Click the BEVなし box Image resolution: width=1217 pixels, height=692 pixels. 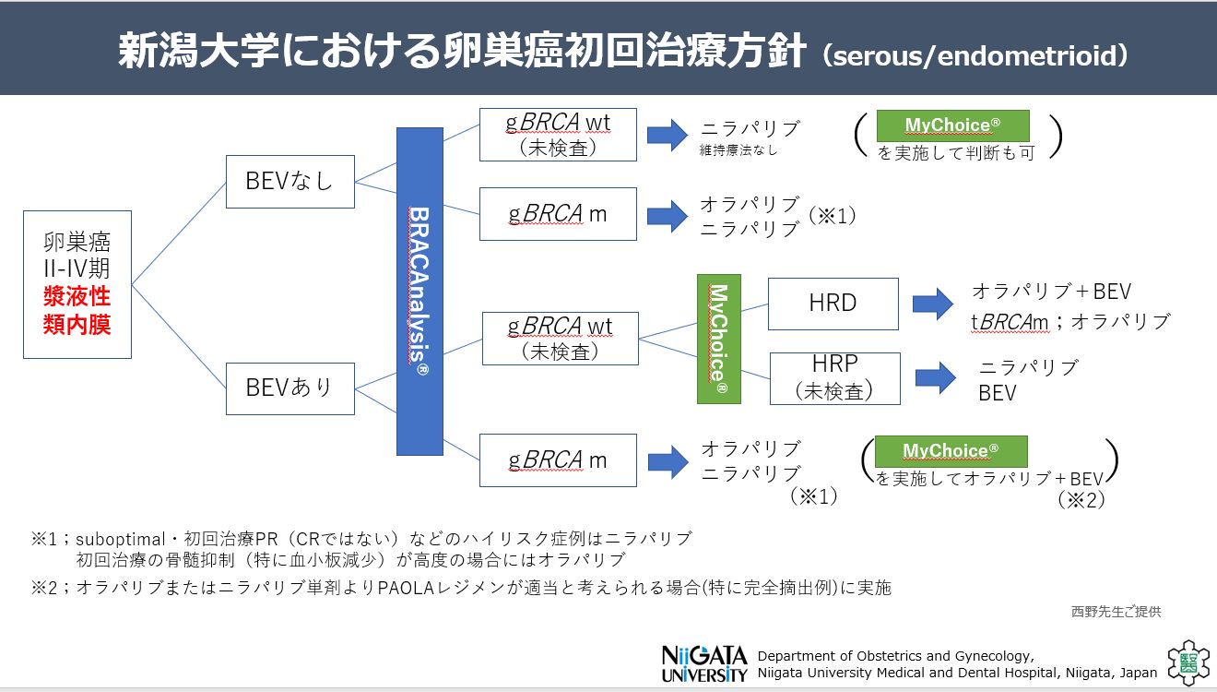coord(289,182)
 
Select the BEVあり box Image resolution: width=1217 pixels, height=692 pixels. coord(289,388)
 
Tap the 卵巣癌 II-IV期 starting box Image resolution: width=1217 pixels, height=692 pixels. coord(77,284)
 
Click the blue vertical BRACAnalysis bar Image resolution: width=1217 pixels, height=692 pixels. coord(419,292)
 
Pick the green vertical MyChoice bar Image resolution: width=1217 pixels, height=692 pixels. coord(719,339)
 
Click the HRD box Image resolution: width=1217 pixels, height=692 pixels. coord(833,304)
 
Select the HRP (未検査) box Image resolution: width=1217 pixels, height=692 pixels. coord(834,378)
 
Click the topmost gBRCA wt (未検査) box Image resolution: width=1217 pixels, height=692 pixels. coord(558,135)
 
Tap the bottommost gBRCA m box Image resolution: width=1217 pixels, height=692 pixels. coord(558,460)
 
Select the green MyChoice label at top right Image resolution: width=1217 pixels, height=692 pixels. coord(952,125)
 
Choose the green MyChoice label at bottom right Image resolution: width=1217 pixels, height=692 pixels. coord(950,451)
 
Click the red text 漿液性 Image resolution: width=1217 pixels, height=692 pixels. coord(77,297)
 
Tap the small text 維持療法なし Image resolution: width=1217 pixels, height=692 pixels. coord(738,150)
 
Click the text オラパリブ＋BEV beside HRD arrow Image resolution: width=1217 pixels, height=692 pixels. coord(1051,292)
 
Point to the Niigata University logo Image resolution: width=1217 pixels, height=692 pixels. coord(704,663)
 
